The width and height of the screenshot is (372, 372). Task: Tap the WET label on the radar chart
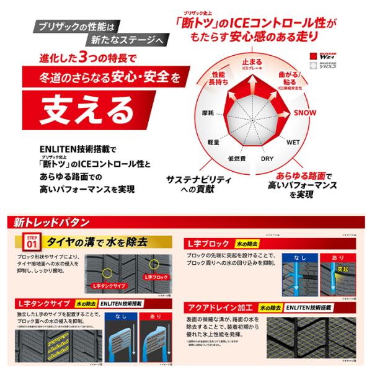coord(293,142)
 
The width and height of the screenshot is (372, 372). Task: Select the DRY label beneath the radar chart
coord(267,159)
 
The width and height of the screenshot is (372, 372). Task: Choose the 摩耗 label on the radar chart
coord(199,114)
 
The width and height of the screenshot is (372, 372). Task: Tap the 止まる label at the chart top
coord(253,62)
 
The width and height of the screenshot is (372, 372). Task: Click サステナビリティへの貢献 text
coord(197,184)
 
